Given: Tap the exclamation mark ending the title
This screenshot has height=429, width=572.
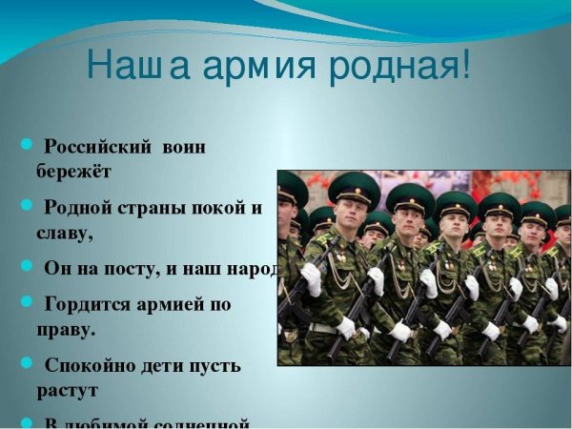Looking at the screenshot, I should (x=465, y=64).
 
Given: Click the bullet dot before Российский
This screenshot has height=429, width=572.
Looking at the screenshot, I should (x=28, y=147).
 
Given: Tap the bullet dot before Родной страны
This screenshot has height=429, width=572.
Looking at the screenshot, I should (x=28, y=207).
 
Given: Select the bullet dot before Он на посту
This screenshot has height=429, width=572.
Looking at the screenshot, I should (x=28, y=268).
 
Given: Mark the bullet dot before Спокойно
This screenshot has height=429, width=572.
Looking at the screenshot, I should (x=28, y=365).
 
